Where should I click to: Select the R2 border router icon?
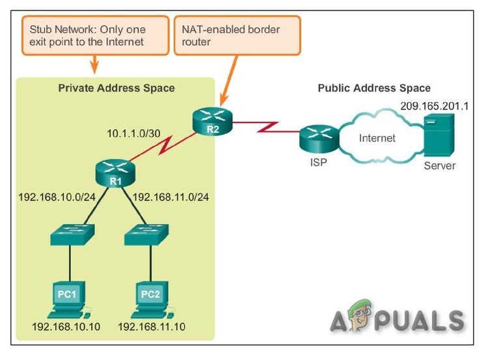(211, 120)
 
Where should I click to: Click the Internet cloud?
(378, 139)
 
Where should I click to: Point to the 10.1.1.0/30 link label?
(134, 133)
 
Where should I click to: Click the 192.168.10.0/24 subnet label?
(58, 195)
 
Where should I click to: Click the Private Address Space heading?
(116, 88)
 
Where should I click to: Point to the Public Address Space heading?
(373, 88)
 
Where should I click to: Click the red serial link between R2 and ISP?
(266, 126)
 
